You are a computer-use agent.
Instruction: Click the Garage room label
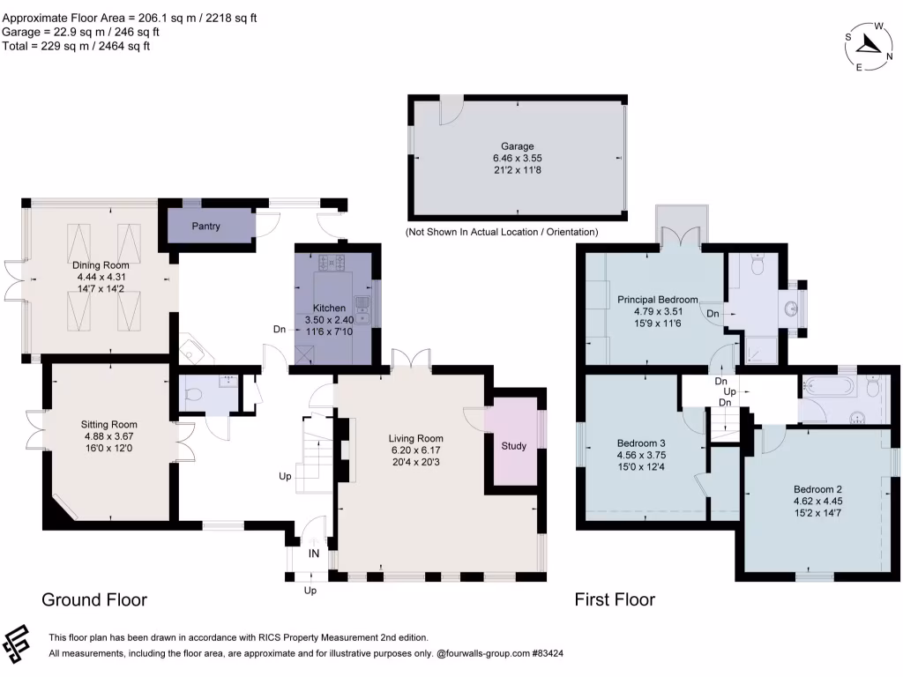[x=518, y=146]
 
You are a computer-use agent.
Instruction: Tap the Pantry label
[x=205, y=227]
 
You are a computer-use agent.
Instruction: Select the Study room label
[x=513, y=446]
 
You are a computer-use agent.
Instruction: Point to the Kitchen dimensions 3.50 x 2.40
[x=328, y=320]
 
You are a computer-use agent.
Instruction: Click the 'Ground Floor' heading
[x=94, y=600]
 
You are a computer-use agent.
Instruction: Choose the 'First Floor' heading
[x=615, y=600]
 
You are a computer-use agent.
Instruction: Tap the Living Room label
[x=416, y=438]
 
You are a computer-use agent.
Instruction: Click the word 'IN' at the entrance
[x=314, y=554]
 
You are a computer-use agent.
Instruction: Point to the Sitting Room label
[x=110, y=424]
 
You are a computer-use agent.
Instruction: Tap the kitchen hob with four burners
[x=328, y=261]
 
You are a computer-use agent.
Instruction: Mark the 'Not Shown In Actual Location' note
[x=501, y=233]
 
